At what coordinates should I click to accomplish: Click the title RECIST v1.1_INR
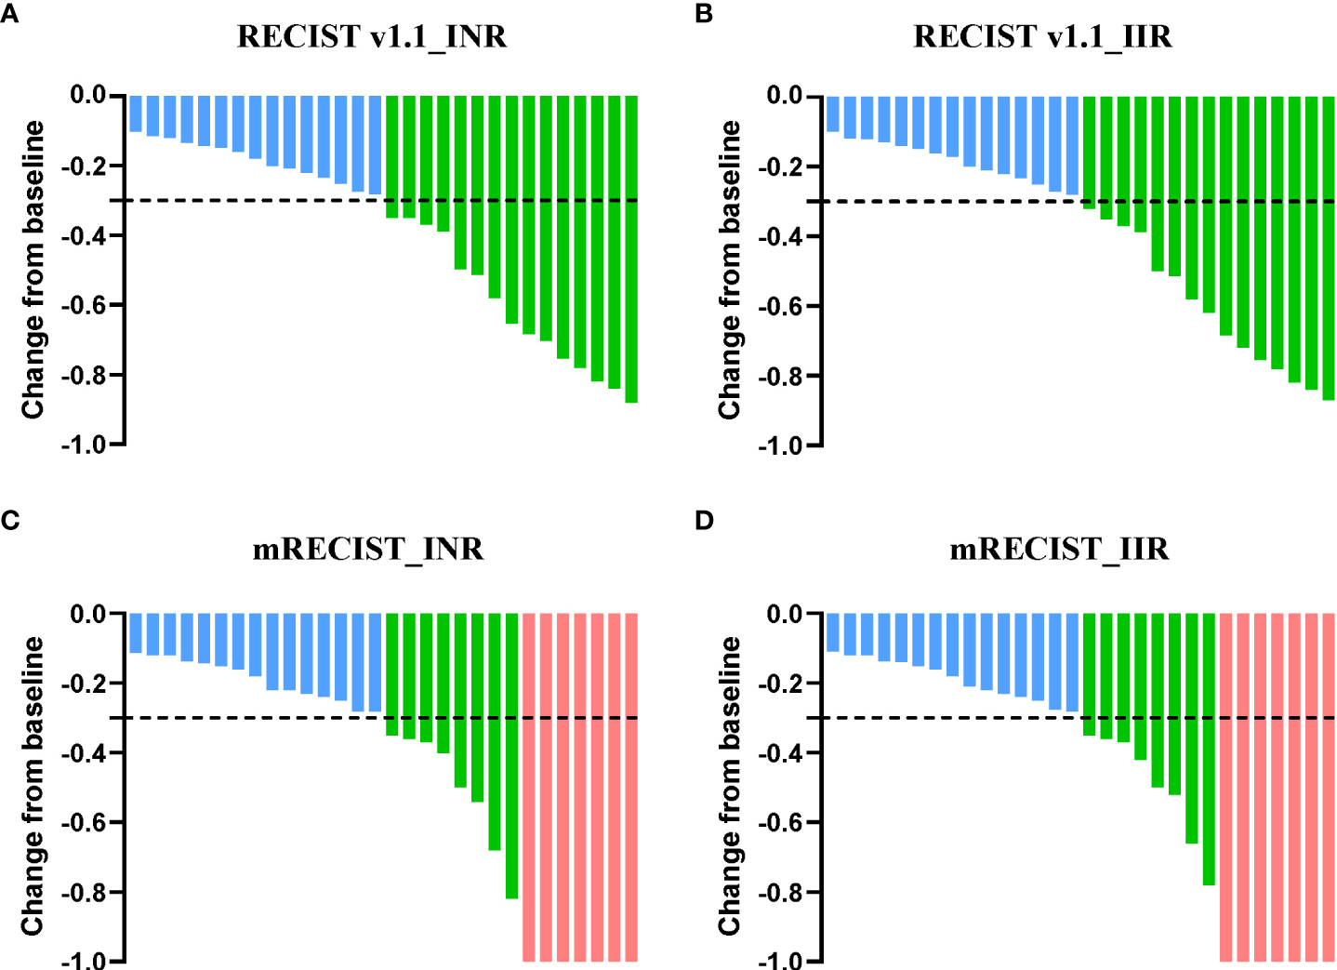point(372,36)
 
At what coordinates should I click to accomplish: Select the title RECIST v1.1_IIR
point(1042,36)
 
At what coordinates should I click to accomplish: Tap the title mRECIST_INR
point(368,549)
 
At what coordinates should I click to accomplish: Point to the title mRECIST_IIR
point(1059,549)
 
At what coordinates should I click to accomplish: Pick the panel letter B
point(704,14)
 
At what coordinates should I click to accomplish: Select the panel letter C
point(10,520)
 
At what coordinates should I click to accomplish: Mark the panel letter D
point(704,520)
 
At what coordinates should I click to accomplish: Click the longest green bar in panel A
point(631,248)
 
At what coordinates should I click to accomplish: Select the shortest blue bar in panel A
point(136,113)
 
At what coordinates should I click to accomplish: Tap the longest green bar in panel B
point(1328,248)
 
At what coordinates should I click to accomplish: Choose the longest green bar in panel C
point(511,755)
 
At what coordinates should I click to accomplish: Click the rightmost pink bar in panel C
point(631,787)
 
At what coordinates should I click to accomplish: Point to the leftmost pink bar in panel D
point(1225,787)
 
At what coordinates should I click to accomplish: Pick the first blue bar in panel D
point(832,632)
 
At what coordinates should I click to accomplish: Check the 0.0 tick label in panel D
point(784,614)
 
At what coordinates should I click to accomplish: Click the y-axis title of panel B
point(730,270)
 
